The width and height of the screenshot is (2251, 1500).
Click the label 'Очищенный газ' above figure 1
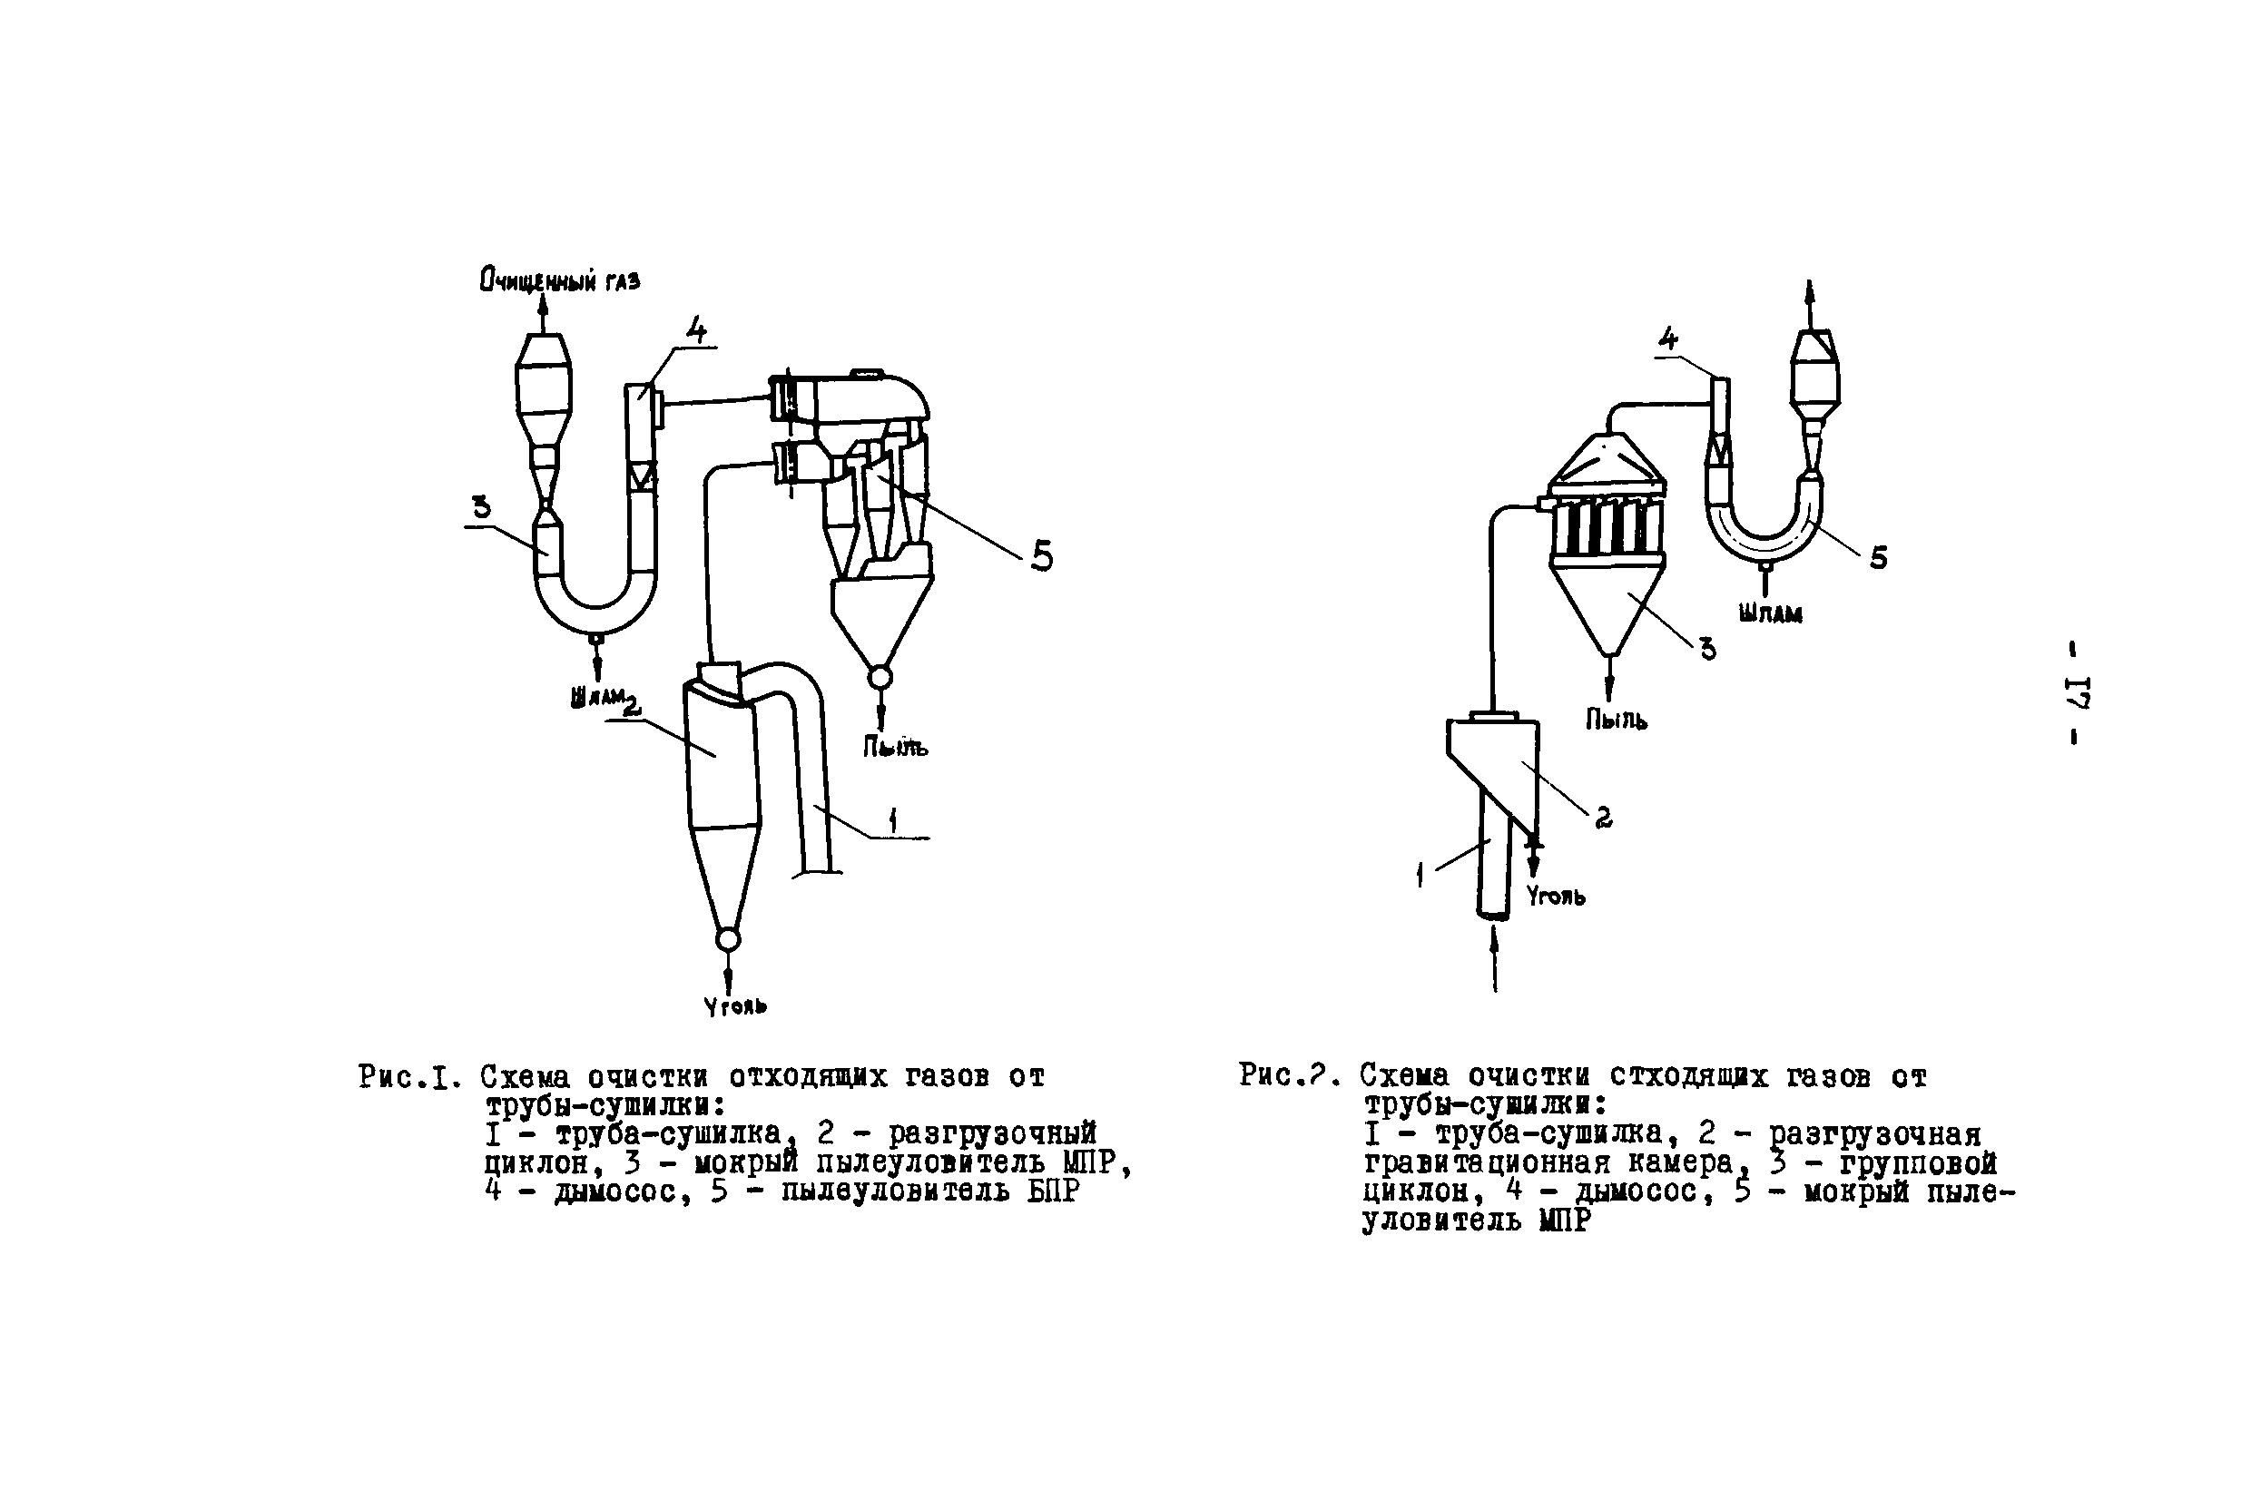tap(560, 280)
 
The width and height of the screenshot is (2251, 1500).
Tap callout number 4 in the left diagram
tap(696, 330)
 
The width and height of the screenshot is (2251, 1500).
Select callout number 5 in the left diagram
tap(1042, 555)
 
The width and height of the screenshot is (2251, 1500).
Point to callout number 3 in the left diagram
tap(481, 506)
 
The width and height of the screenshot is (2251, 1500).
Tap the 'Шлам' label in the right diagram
tap(1770, 614)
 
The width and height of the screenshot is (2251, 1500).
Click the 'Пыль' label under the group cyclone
tap(1616, 720)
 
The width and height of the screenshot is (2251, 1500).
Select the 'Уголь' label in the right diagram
tap(1556, 897)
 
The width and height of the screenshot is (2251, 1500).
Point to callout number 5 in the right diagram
tap(1879, 559)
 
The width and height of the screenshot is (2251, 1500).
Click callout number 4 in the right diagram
tap(1667, 338)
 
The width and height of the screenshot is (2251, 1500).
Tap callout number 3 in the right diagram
tap(1707, 650)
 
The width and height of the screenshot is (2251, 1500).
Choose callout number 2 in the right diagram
tap(1603, 817)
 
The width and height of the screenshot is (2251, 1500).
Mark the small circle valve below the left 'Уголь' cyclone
tap(728, 939)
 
